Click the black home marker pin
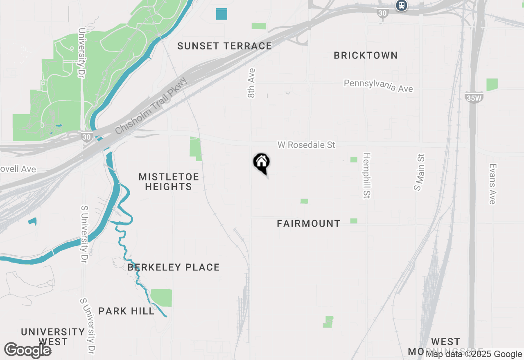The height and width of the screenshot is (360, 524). point(261,163)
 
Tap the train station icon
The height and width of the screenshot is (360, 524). point(402,5)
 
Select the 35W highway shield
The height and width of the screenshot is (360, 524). point(474,98)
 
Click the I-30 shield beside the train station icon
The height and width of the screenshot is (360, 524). point(382,13)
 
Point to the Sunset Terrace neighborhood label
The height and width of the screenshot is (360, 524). point(224,46)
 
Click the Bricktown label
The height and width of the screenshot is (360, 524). point(366,55)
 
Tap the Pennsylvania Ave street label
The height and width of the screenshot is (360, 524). point(378,85)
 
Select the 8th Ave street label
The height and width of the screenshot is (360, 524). point(251,83)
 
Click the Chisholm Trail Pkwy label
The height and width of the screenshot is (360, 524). point(151,106)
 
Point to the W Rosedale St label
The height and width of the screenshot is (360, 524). point(306,145)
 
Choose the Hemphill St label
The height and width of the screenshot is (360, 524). point(366,176)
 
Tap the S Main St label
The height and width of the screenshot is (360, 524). point(419,172)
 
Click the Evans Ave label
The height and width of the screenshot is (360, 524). point(492,184)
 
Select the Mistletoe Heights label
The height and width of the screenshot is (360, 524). point(168,182)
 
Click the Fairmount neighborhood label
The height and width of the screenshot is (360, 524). point(309,223)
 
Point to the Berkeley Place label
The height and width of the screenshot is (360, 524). point(174,267)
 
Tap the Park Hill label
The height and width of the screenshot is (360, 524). point(126,311)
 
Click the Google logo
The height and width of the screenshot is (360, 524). point(28,351)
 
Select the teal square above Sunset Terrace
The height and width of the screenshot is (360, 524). point(221,14)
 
